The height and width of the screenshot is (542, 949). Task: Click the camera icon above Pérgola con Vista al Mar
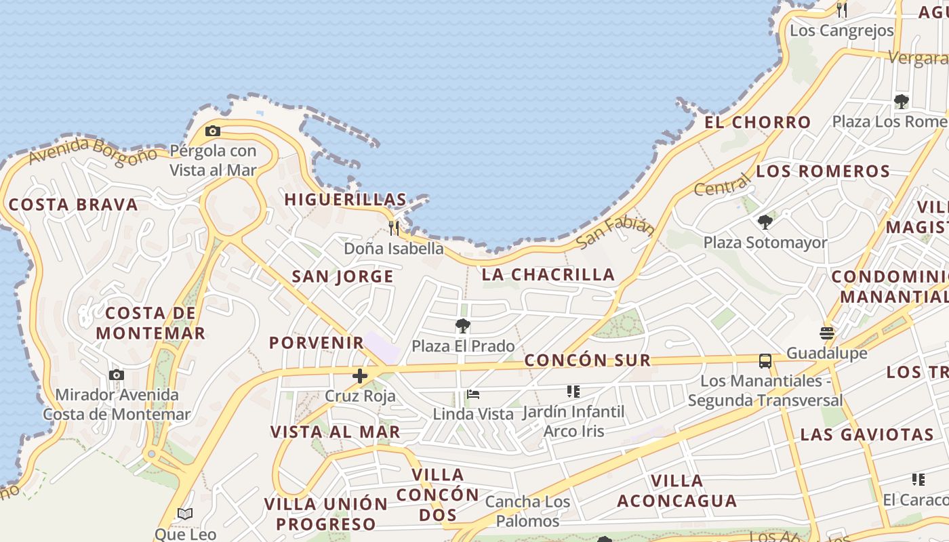212,131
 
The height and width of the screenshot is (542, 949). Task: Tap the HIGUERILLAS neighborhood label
346,200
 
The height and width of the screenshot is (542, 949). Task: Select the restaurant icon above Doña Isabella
394,228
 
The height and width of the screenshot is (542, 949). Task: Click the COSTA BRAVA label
73,205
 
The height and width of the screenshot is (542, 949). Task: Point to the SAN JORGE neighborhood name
342,276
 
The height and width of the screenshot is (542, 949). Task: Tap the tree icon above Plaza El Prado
463,326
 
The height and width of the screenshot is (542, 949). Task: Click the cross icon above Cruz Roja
360,375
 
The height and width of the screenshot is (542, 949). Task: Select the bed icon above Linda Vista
473,394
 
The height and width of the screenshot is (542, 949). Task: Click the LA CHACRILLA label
548,274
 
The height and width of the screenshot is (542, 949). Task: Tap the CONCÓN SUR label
588,360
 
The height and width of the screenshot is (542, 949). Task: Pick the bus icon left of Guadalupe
765,360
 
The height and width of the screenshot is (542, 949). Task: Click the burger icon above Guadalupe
826,333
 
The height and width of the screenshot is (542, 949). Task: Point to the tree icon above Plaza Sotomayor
765,222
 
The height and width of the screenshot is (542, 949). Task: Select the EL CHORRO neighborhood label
757,123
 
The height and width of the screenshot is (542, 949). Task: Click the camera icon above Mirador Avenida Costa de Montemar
117,375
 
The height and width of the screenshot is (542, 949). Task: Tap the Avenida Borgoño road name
93,150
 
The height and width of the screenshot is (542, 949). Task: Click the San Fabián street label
615,232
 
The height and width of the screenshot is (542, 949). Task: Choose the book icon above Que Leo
185,514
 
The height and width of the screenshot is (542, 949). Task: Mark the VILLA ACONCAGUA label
677,491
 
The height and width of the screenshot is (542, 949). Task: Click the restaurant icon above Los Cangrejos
842,10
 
